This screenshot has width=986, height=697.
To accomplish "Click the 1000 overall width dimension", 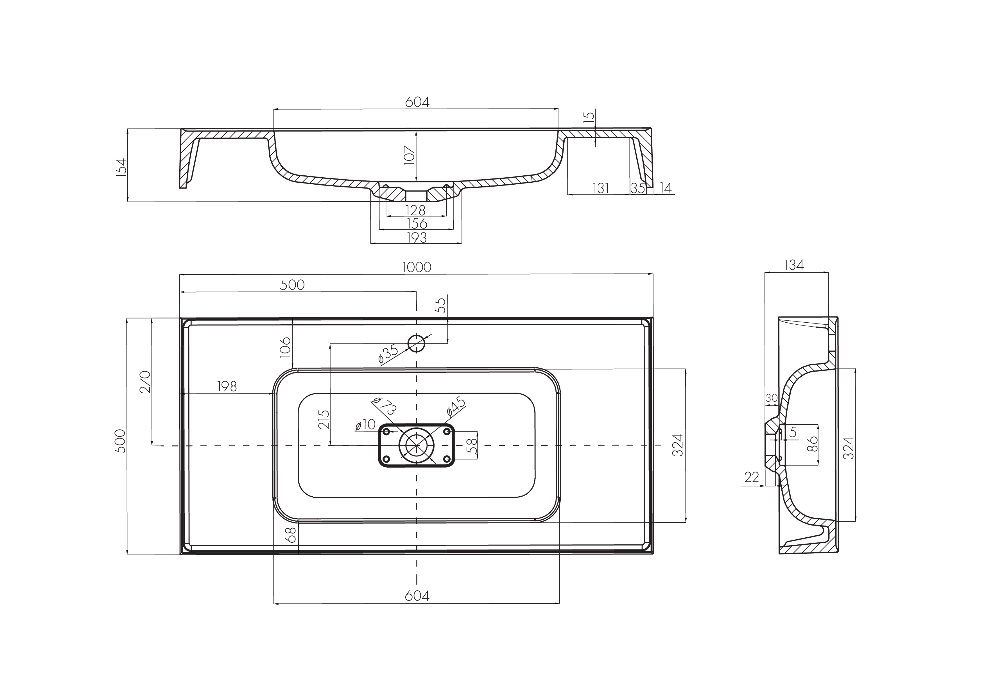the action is [417, 267].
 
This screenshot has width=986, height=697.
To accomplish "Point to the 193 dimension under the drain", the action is [417, 237].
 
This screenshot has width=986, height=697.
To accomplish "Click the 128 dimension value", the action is [416, 211].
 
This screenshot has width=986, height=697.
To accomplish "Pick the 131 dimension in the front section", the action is [600, 188].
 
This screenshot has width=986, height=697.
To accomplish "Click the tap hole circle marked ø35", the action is [416, 343].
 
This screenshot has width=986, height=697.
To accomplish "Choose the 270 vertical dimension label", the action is [145, 381].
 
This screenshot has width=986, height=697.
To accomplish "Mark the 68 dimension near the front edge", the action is [291, 535].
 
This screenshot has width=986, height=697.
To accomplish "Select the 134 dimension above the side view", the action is [794, 265].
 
